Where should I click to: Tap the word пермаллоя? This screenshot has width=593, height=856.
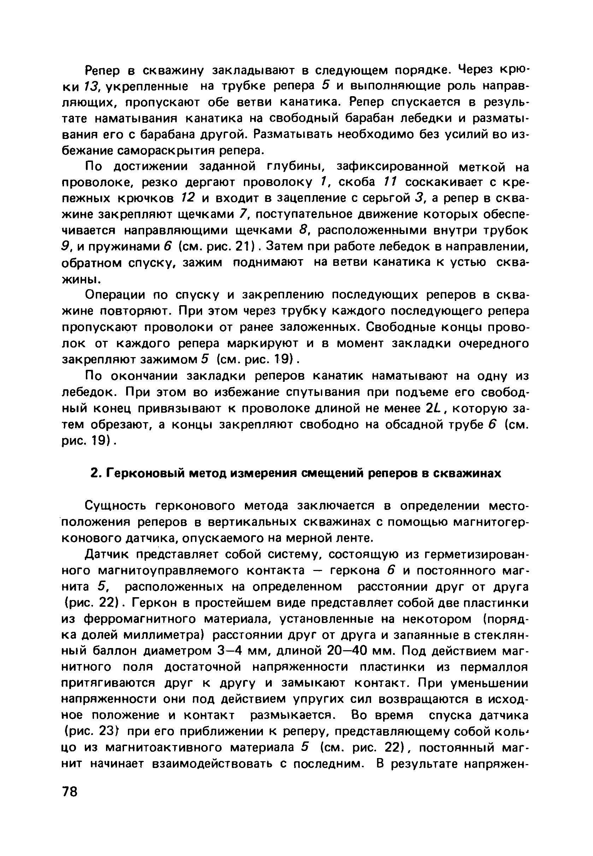(x=494, y=667)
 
